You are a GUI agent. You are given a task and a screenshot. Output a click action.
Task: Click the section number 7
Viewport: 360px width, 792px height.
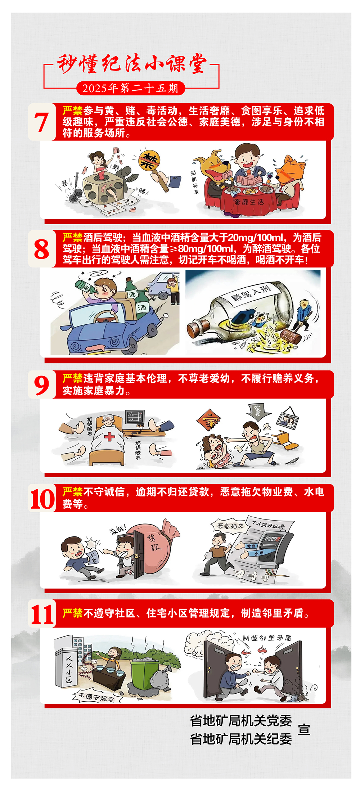click(41, 122)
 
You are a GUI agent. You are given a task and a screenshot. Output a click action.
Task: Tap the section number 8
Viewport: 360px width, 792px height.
click(41, 249)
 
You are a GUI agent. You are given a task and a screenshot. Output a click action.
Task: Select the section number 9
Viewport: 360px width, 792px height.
click(41, 385)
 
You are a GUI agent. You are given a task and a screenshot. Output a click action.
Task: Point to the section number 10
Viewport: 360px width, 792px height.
click(42, 499)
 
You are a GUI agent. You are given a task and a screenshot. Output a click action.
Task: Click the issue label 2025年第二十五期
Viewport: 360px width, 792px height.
click(130, 88)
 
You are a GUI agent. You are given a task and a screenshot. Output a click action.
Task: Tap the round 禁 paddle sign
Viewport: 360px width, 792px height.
click(149, 161)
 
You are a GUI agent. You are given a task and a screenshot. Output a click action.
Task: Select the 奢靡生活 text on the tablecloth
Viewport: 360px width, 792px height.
click(249, 202)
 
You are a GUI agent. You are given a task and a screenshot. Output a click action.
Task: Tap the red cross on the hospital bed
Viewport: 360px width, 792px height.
click(109, 437)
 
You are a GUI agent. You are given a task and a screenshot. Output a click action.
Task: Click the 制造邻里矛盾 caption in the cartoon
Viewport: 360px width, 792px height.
click(267, 638)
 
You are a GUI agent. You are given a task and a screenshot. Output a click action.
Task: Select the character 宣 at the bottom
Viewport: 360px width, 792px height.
click(304, 729)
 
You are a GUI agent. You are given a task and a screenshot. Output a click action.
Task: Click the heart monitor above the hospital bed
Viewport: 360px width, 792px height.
click(135, 417)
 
